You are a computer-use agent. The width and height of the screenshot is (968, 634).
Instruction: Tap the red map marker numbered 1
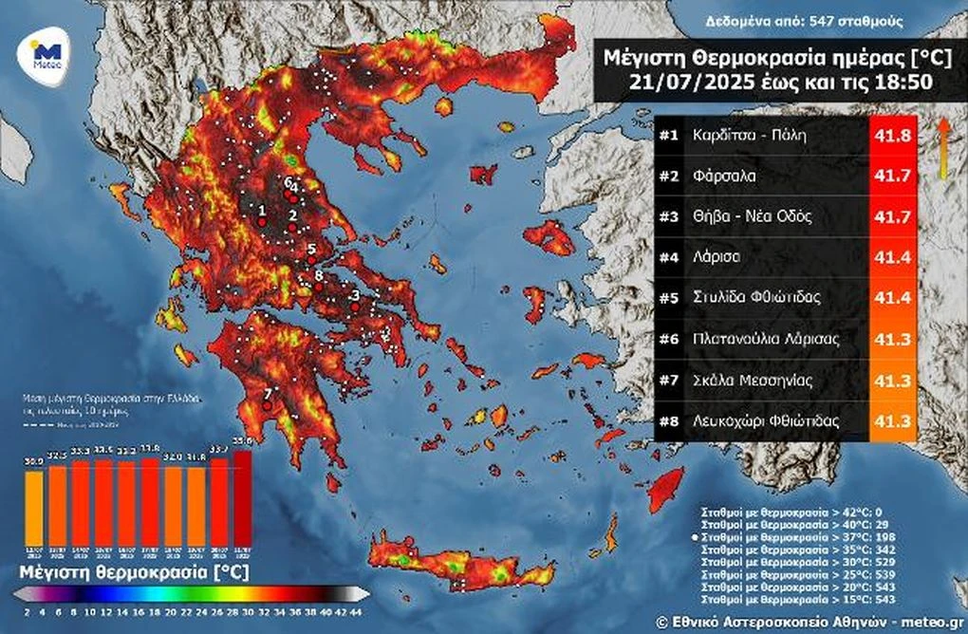[x=262, y=221]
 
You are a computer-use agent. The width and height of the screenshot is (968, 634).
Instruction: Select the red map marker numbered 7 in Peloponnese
[x=267, y=405]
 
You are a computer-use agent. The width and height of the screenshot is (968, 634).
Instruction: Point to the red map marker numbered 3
[x=355, y=307]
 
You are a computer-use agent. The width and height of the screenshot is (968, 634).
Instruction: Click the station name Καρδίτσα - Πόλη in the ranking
[x=748, y=135]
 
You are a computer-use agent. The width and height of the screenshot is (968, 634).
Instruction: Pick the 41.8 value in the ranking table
[x=893, y=135]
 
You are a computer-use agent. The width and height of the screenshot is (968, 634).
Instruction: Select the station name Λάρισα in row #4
[x=718, y=256]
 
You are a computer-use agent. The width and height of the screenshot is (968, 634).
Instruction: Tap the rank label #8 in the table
[x=670, y=420]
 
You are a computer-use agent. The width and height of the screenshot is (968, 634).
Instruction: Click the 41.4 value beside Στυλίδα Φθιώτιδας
[x=893, y=298]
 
